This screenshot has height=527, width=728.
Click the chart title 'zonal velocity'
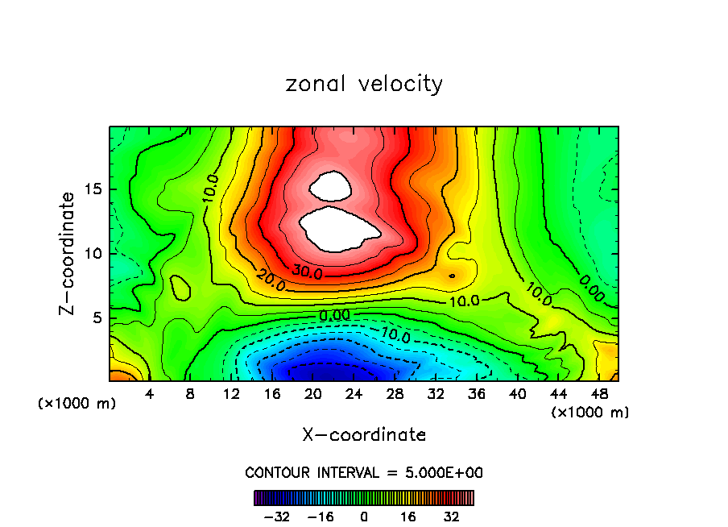point(364,84)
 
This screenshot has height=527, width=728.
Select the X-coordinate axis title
point(364,434)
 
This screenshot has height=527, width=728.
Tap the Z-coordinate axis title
point(70,253)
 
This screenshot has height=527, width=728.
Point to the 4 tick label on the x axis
point(149,395)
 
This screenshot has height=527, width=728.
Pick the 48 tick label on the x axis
point(598,395)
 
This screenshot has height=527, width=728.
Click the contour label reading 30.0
point(307,272)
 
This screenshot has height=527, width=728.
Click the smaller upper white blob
point(331,186)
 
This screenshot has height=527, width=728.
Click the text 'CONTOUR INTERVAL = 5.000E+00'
point(364,472)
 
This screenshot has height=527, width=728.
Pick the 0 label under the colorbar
point(364,516)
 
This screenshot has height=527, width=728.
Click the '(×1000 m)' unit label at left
point(77,404)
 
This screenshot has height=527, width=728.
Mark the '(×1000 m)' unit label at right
point(590,413)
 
